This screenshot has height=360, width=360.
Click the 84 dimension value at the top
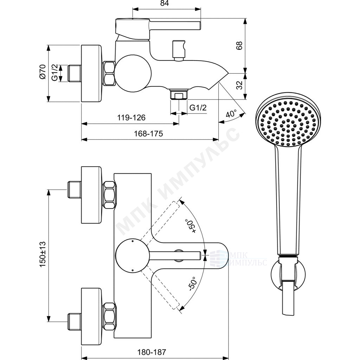pyautogui.click(x=165, y=4)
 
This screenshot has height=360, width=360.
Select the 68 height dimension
pyautogui.click(x=239, y=46)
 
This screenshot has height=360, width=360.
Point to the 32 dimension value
pyautogui.click(x=239, y=85)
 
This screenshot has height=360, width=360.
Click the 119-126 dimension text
pyautogui.click(x=131, y=117)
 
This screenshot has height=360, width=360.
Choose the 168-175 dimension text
pyautogui.click(x=148, y=133)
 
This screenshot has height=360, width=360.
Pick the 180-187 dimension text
pyautogui.click(x=152, y=352)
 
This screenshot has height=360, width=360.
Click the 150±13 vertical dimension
pyautogui.click(x=43, y=254)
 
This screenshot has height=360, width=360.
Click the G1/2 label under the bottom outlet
pyautogui.click(x=198, y=108)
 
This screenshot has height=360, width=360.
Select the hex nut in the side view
pyautogui.click(x=109, y=73)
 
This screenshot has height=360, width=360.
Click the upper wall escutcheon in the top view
pyautogui.click(x=91, y=195)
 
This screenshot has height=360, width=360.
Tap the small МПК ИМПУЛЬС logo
pyautogui.click(x=238, y=258)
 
